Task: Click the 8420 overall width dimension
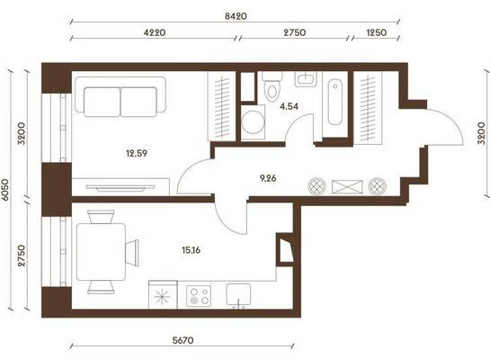[x=236, y=16]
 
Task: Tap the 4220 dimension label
[x=155, y=32]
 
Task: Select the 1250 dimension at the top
[x=376, y=32]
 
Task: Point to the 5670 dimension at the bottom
[x=183, y=340]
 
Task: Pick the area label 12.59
[x=137, y=153]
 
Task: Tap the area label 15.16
[x=191, y=250]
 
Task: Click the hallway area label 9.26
[x=268, y=178]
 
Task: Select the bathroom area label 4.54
[x=290, y=106]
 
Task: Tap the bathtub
[x=335, y=102]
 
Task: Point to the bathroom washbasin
[x=306, y=79]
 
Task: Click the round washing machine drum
[x=254, y=122]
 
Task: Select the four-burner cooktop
[x=199, y=296]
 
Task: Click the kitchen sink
[x=238, y=294]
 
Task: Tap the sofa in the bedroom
[x=120, y=97]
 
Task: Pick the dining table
[x=101, y=252]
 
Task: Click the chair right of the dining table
[x=132, y=253]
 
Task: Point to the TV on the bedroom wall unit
[x=120, y=188]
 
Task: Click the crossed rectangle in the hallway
[x=347, y=187]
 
